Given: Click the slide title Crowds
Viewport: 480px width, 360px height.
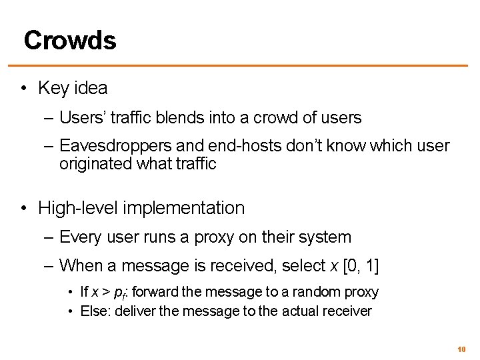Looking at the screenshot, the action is pos(70,40).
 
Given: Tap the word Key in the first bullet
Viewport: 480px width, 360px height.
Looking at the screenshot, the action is pos(52,88).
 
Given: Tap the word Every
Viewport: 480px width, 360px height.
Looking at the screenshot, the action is pos(80,237).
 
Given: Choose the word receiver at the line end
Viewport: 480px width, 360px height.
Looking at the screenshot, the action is pos(349,311).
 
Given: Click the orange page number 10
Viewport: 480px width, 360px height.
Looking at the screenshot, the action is pos(461,349).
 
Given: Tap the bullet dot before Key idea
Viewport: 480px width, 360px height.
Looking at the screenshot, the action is pos(24,89).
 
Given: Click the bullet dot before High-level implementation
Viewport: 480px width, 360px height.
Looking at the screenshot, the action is pos(24,208).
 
